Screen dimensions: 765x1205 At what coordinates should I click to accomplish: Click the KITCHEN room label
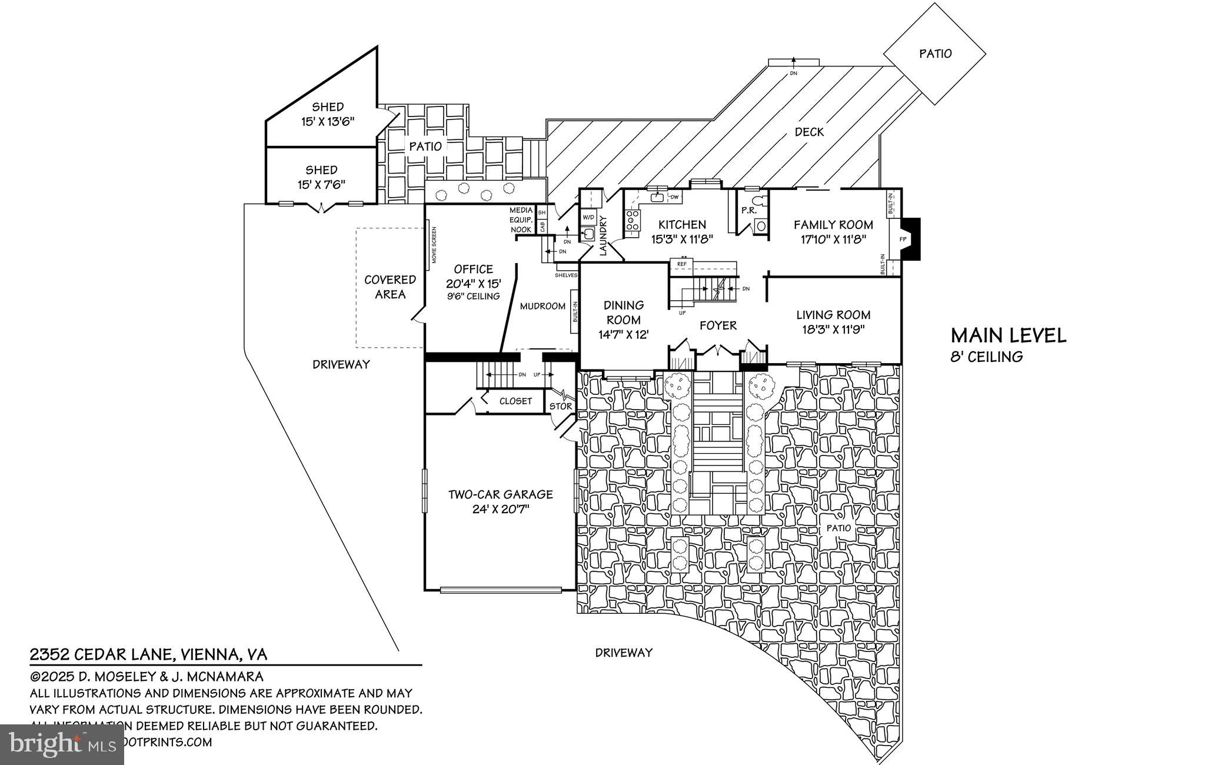pos(682,225)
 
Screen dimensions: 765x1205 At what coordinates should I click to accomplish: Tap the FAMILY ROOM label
pos(833,225)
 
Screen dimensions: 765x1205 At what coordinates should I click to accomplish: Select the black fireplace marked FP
pos(910,239)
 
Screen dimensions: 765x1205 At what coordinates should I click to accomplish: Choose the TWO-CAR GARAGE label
pos(501,495)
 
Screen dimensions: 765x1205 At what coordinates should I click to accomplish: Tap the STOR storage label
pos(560,406)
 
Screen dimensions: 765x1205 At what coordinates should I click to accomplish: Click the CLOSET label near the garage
pos(515,401)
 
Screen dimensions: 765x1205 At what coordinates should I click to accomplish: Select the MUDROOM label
pos(542,306)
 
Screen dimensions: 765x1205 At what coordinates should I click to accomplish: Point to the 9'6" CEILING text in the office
pos(473,296)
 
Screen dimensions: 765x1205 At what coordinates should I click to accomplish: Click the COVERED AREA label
pos(390,287)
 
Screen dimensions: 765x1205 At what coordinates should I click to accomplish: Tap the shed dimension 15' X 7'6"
pos(321,184)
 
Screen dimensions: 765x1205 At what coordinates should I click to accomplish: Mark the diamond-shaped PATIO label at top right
pos(935,54)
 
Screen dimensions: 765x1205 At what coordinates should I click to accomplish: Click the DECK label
pos(809,132)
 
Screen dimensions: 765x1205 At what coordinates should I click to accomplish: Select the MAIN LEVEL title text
pos(1008,335)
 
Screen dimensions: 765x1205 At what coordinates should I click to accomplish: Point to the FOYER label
pos(718,325)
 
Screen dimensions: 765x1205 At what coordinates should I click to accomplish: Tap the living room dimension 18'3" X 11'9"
pos(833,330)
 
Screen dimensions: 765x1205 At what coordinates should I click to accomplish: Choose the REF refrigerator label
pos(682,264)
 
